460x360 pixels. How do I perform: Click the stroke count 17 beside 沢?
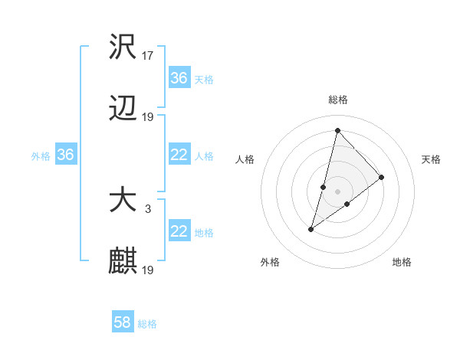149,55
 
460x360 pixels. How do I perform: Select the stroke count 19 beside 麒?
149,270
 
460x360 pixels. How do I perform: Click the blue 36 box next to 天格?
179,78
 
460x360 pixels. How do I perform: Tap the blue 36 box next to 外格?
66,155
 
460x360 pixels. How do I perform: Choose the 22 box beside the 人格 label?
179,155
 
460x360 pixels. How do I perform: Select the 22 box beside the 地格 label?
179,232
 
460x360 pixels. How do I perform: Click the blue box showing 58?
123,323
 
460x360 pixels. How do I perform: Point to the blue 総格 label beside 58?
147,324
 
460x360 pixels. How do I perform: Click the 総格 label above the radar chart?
338,100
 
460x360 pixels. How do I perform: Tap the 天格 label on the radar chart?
432,159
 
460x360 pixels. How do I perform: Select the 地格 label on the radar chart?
402,263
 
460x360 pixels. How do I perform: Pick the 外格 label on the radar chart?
270,263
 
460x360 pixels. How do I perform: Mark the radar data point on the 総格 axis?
337,130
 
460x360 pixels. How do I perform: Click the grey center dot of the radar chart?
337,191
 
